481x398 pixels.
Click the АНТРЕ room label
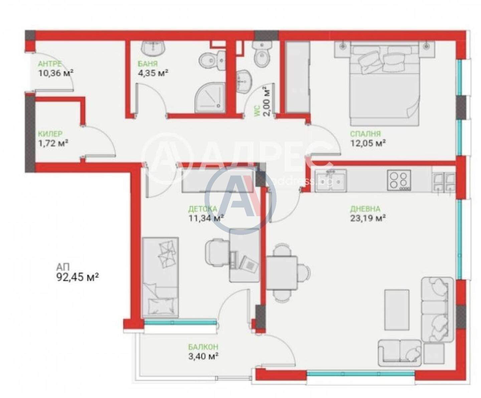[x=50, y=63]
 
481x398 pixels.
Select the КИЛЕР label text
[x=50, y=134]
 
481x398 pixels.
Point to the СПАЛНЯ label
[x=365, y=134]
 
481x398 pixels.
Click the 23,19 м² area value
[x=368, y=218]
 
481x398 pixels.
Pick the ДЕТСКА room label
[x=203, y=209]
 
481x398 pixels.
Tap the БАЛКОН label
[x=203, y=347]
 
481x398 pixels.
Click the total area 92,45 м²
[x=77, y=277]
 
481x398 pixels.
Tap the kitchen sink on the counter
[x=331, y=180]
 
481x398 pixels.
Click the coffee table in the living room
[x=397, y=310]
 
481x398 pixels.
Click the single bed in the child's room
[x=160, y=277]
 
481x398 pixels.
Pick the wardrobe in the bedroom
[x=297, y=77]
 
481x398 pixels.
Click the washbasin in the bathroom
[x=153, y=49]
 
